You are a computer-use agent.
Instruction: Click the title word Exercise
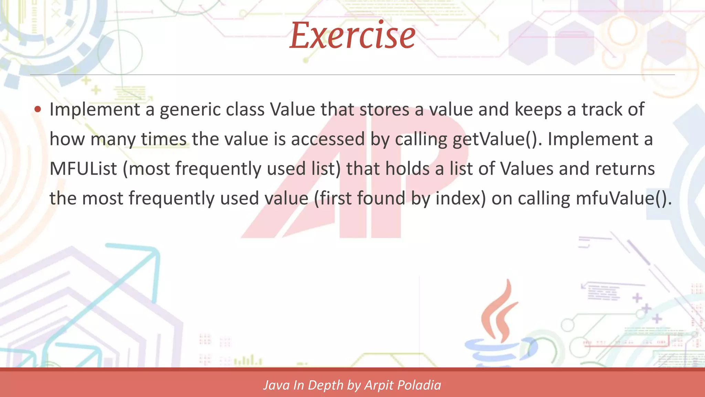[x=352, y=35]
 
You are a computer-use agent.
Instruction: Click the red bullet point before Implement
[x=38, y=110]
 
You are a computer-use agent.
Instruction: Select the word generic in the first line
[x=190, y=110]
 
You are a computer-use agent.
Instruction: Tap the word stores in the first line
[x=385, y=110]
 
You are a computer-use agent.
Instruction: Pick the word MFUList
[x=83, y=169]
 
